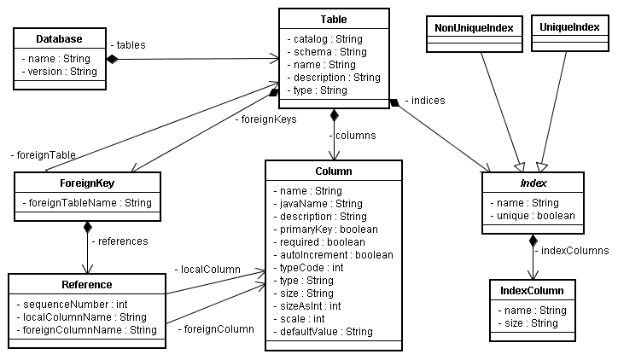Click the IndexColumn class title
coord(532,291)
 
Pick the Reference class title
coord(86,284)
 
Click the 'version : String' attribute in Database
coord(59,72)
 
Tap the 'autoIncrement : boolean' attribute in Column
coord(333,254)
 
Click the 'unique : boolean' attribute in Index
coord(533,216)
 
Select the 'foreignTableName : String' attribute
coord(87,203)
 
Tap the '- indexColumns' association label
coord(572,251)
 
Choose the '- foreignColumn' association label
coord(216,328)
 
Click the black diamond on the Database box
coord(111,58)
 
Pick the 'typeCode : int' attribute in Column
coord(310,267)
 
